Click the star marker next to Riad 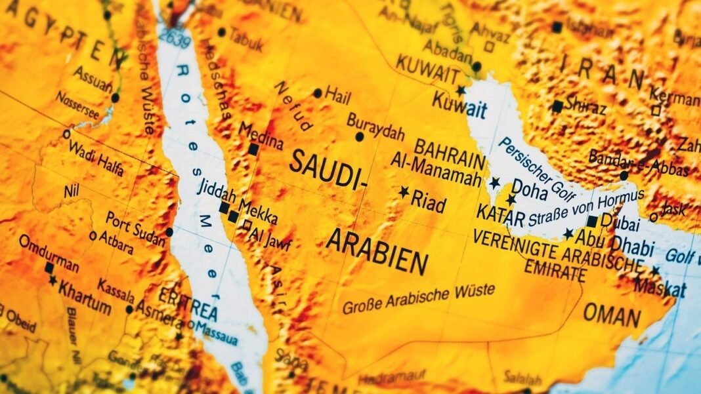[404, 191]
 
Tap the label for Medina [261, 135]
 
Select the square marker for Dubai [592, 221]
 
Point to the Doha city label [530, 188]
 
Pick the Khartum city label [84, 288]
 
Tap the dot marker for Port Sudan [169, 232]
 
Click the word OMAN [612, 315]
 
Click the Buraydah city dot [359, 137]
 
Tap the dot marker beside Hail [318, 93]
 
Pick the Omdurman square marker [49, 268]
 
